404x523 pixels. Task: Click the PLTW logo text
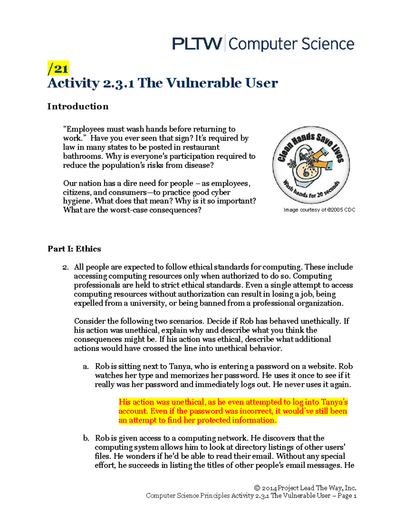point(197,44)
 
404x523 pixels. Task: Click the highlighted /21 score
point(58,69)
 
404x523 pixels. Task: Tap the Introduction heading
point(78,106)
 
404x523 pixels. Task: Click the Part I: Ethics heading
point(74,249)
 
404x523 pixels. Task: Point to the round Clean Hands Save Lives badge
point(311,165)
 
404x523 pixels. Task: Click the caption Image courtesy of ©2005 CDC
point(319,210)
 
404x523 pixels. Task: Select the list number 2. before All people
point(65,267)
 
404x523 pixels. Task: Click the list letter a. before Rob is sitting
point(86,366)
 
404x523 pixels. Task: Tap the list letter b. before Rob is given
point(86,438)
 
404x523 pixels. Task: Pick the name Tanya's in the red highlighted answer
point(334,402)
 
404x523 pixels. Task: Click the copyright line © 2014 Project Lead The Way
point(305,488)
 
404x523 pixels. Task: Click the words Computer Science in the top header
point(291,44)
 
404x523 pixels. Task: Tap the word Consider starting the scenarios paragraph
point(90,321)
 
